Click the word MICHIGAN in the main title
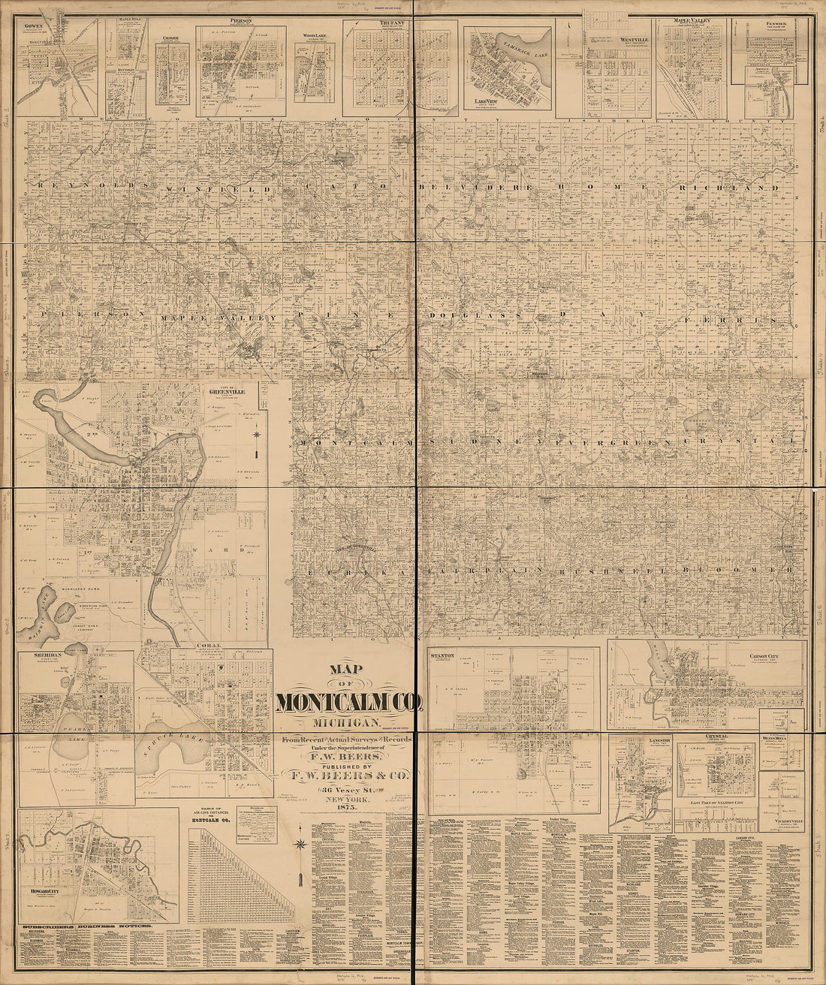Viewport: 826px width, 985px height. point(350,721)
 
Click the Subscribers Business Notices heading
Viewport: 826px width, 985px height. point(87,927)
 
